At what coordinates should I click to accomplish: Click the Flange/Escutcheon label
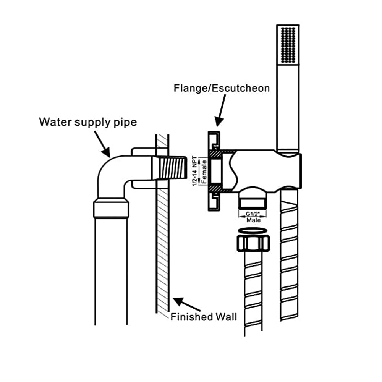(222, 88)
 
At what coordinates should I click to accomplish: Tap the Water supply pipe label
(88, 122)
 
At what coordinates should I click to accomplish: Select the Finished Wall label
(204, 317)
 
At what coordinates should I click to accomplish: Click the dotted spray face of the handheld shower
(288, 45)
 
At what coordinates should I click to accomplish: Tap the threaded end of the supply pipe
(172, 168)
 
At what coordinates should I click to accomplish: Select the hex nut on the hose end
(253, 243)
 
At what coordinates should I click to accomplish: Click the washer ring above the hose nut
(253, 231)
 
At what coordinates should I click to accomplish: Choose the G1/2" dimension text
(253, 214)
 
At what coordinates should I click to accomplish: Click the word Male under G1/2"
(253, 220)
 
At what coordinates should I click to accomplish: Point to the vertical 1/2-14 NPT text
(195, 171)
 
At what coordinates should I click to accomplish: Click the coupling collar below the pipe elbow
(111, 208)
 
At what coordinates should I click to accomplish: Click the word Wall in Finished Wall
(226, 317)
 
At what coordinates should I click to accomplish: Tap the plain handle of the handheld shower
(288, 107)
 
